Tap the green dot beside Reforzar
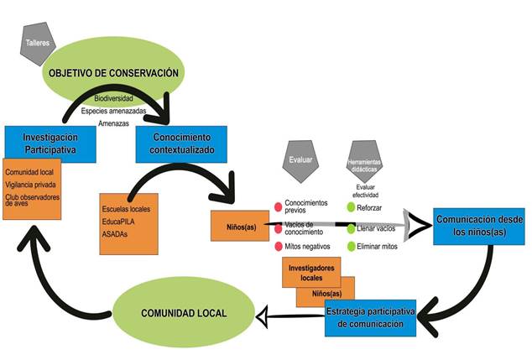352,206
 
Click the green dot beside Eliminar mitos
352,246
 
